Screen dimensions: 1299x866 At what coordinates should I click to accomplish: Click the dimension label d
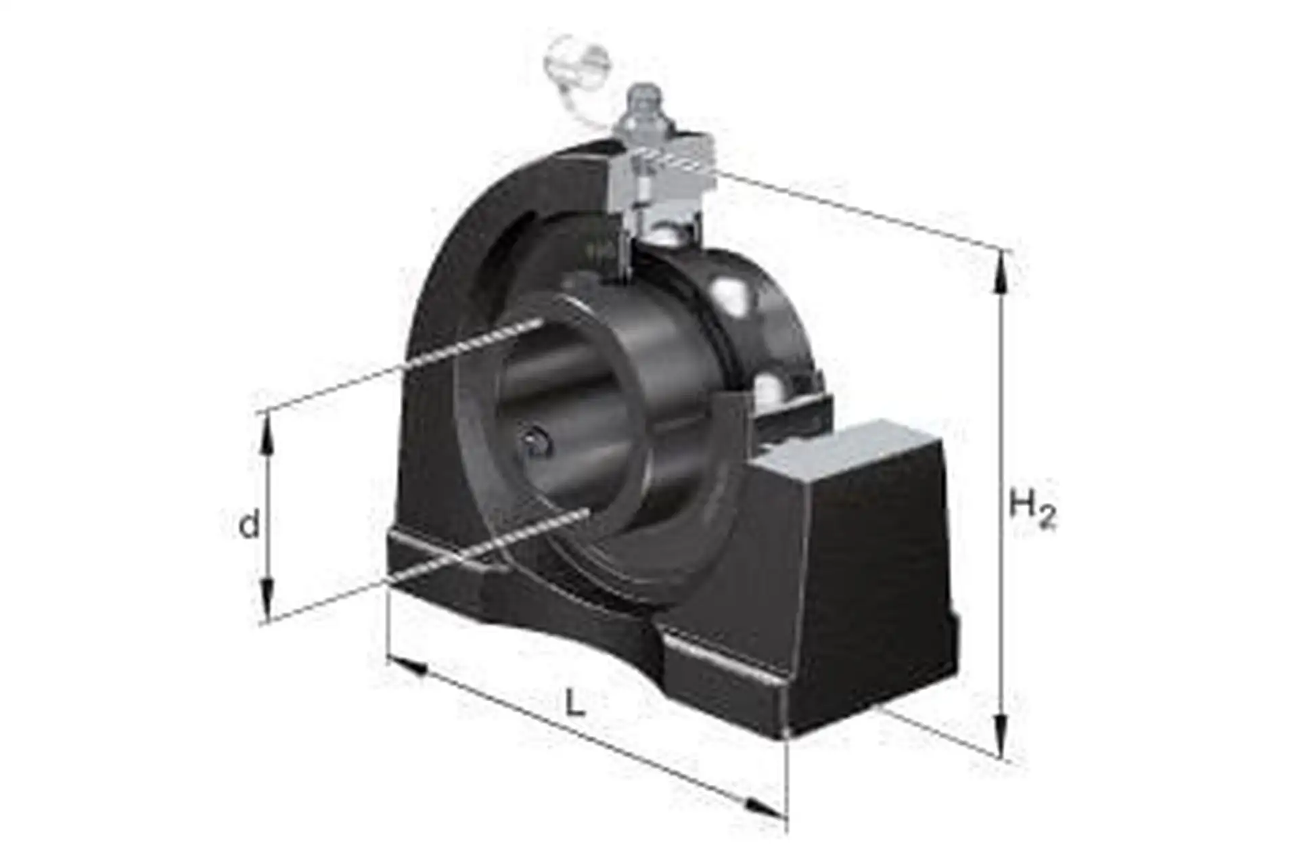pyautogui.click(x=250, y=525)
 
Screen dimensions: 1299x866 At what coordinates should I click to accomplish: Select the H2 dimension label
pyautogui.click(x=1032, y=510)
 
